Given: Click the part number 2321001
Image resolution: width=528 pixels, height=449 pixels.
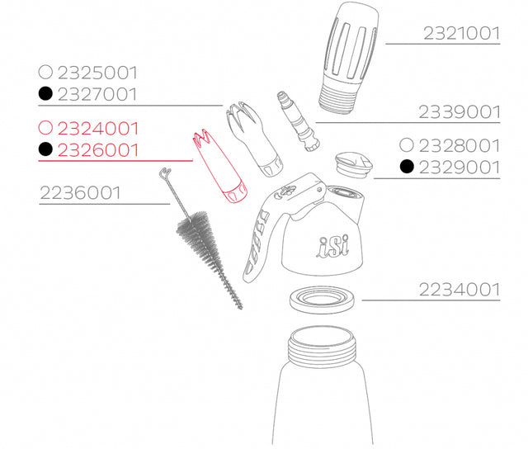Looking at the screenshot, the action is pyautogui.click(x=461, y=33).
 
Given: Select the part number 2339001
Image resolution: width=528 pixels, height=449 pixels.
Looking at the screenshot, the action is pyautogui.click(x=460, y=112).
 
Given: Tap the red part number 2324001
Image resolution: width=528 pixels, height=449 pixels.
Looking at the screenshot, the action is pyautogui.click(x=98, y=128).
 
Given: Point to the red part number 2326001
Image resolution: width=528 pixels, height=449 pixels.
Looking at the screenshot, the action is pyautogui.click(x=98, y=150).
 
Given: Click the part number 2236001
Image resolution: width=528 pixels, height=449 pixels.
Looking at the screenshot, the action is pyautogui.click(x=80, y=193).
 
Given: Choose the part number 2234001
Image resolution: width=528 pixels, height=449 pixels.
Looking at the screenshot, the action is pyautogui.click(x=460, y=290).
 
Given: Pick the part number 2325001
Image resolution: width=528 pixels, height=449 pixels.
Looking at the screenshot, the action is pyautogui.click(x=97, y=73).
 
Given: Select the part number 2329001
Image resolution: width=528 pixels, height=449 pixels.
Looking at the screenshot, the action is pyautogui.click(x=460, y=168).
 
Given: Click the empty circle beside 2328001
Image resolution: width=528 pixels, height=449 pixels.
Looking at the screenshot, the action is pyautogui.click(x=407, y=144).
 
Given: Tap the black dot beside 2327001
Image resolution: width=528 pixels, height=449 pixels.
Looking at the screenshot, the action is pyautogui.click(x=45, y=93).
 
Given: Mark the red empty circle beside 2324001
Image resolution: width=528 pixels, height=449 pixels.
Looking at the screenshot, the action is pyautogui.click(x=45, y=128).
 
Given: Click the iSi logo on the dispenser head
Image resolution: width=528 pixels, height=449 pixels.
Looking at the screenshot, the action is pyautogui.click(x=332, y=246).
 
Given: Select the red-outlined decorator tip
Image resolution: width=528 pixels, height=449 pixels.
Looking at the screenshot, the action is pyautogui.click(x=219, y=167).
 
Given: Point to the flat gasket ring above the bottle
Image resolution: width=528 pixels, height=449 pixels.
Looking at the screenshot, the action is pyautogui.click(x=323, y=299).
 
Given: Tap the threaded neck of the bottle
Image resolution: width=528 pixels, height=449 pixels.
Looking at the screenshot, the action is pyautogui.click(x=322, y=347).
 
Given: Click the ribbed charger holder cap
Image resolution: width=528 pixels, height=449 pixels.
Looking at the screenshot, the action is pyautogui.click(x=348, y=57).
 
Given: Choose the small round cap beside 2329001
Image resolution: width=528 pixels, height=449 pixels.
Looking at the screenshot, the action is pyautogui.click(x=354, y=165).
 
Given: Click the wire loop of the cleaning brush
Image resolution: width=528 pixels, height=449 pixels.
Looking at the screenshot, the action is pyautogui.click(x=165, y=173).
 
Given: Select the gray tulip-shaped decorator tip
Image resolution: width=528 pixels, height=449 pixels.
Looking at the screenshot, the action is pyautogui.click(x=254, y=138).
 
